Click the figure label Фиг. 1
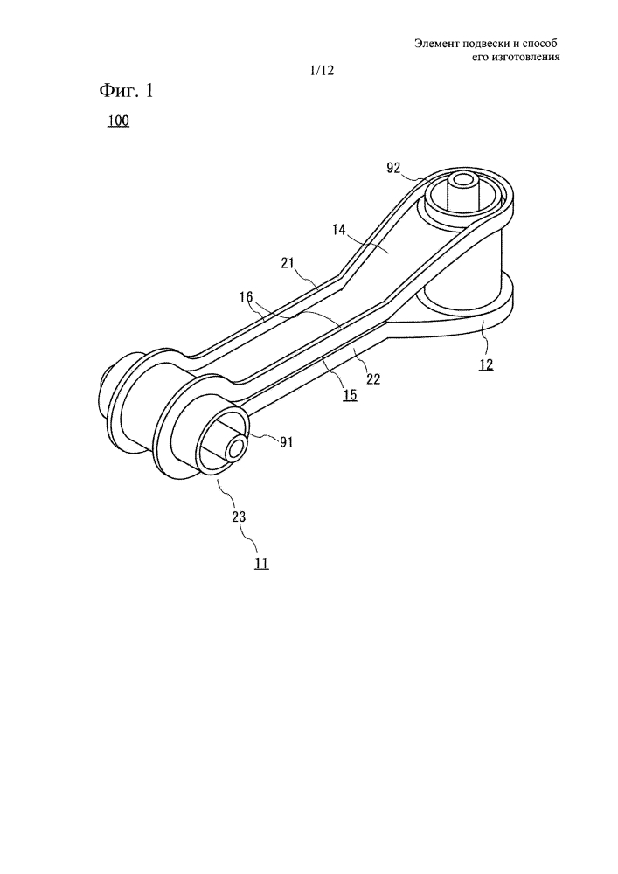126,91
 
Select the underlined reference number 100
118,121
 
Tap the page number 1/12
322,70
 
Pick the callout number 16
246,298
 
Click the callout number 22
373,379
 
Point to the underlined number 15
351,395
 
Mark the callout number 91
287,442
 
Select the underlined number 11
262,564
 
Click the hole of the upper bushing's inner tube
462,180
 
